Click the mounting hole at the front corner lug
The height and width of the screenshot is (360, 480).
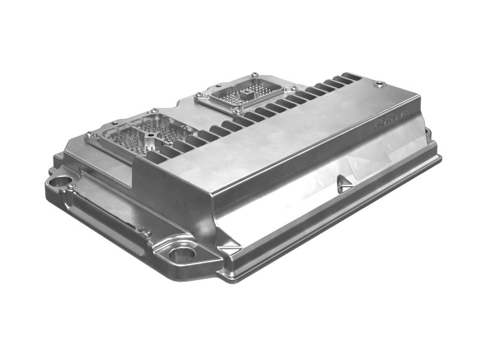click(182, 253)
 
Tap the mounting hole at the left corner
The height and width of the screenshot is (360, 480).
click(59, 180)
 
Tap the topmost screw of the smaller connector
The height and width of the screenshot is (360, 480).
click(254, 76)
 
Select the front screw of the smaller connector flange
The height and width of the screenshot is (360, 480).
click(238, 110)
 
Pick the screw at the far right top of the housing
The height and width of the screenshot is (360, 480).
click(379, 85)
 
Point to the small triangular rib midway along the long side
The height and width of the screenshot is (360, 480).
click(344, 185)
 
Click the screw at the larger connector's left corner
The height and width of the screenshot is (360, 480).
click(89, 135)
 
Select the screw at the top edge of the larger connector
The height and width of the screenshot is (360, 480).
click(154, 111)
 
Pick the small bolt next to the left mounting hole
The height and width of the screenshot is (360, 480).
click(71, 187)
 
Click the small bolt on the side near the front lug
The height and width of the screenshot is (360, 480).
click(142, 229)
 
